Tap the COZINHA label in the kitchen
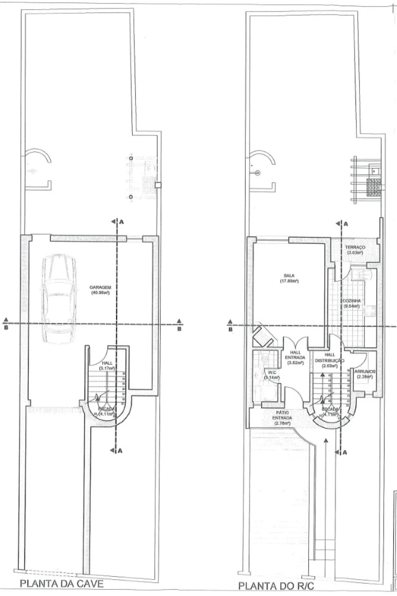[x=352, y=302]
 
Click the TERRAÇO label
[x=354, y=248]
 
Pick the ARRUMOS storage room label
[x=364, y=371]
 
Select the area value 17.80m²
[x=289, y=281]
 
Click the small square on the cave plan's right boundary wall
[x=159, y=185]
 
